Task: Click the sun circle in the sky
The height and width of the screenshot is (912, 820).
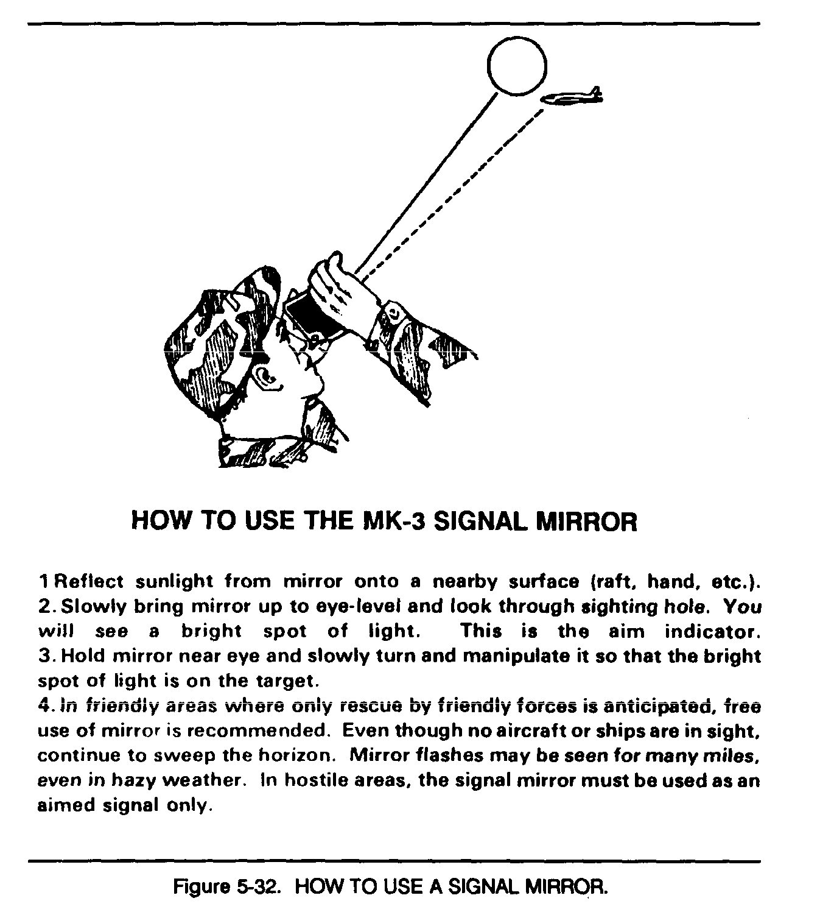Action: [x=517, y=65]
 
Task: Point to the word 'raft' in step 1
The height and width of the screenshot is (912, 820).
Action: [x=616, y=582]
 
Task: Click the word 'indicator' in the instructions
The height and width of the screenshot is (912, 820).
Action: [x=712, y=631]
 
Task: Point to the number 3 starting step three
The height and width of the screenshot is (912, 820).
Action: [x=44, y=656]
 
